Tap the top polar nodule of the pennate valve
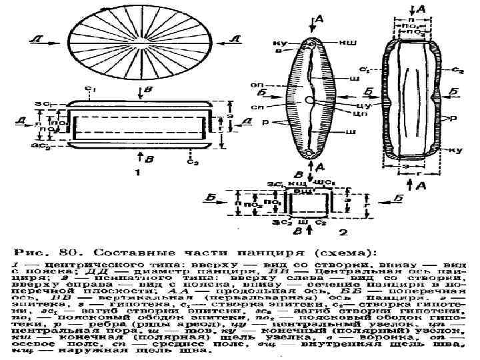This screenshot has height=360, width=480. [x=311, y=45]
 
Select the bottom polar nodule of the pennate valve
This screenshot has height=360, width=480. [x=311, y=153]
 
